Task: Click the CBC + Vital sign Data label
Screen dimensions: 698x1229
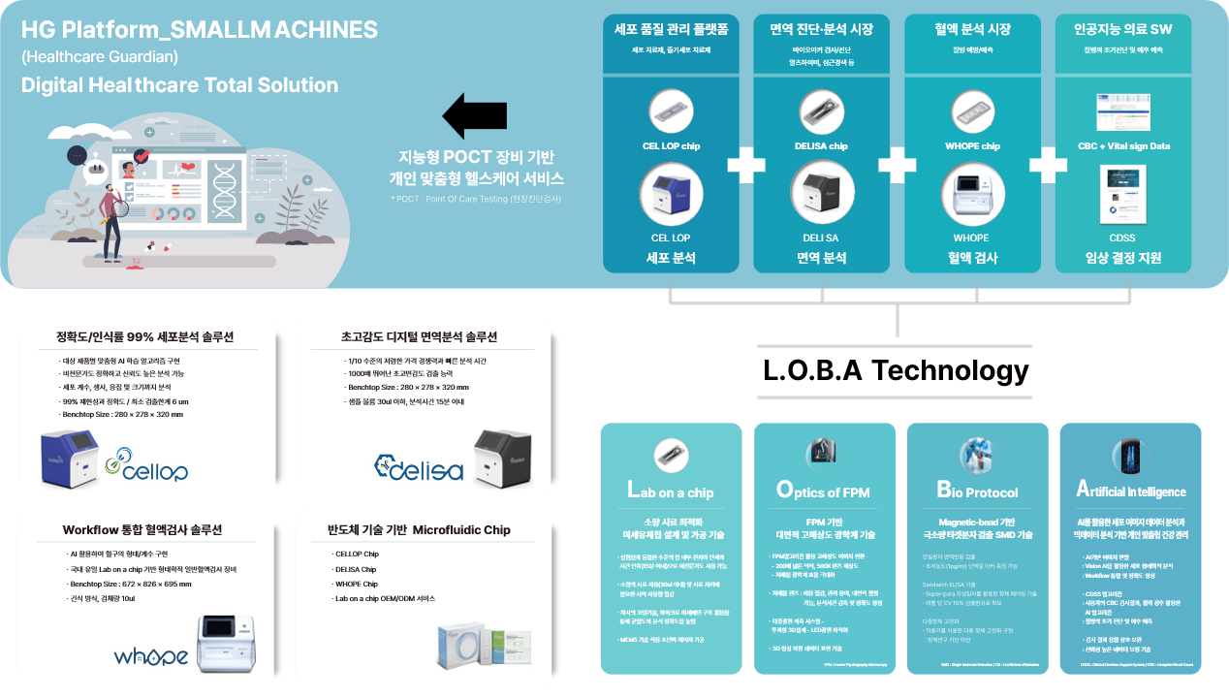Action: point(1122,146)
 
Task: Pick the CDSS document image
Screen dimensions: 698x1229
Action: point(1122,195)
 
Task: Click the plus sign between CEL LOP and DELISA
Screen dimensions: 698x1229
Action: point(746,165)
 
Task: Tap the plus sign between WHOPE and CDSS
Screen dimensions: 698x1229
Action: point(1048,165)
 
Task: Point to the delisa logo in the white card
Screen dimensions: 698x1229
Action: point(419,467)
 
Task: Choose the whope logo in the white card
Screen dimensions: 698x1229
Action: point(151,655)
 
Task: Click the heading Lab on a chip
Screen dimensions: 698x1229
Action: point(670,491)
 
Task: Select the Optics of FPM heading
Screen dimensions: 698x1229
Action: point(823,491)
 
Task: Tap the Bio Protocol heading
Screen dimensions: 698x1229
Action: point(977,491)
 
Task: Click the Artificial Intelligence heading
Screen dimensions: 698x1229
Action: point(1131,491)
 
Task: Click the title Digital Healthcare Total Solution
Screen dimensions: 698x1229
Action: point(180,85)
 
